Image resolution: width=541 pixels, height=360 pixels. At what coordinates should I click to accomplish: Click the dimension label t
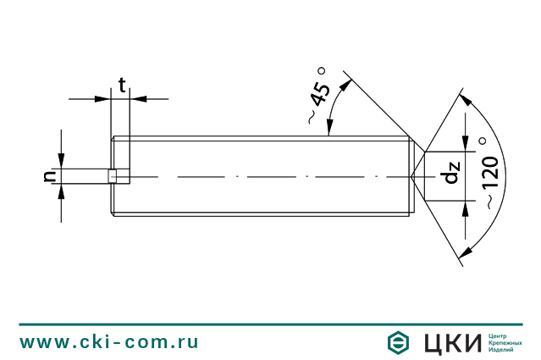122,85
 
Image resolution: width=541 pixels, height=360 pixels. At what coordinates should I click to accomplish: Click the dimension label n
49,175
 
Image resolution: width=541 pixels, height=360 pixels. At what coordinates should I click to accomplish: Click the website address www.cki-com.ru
109,341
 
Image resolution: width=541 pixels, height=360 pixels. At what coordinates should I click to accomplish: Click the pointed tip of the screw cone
413,176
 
